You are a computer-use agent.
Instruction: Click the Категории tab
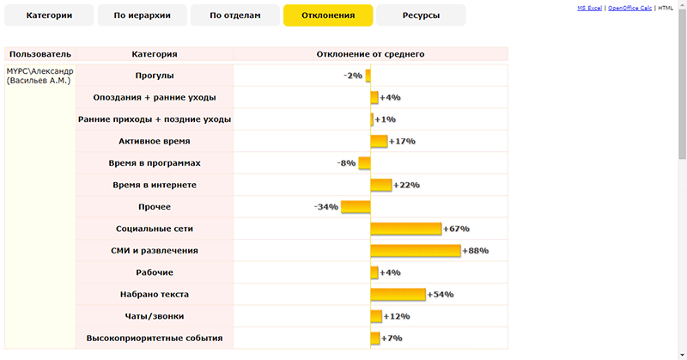coord(48,15)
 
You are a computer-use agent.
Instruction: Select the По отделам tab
coord(234,15)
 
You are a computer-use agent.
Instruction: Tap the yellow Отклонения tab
coord(328,15)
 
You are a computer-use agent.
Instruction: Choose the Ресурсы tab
coord(421,15)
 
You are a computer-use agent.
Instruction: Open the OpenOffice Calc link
coord(629,8)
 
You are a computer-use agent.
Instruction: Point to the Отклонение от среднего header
coord(370,54)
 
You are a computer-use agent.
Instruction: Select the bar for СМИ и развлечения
coord(416,251)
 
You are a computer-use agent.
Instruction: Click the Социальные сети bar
coord(406,229)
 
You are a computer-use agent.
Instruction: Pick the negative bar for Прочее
coord(356,206)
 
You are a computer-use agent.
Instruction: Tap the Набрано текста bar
coord(398,295)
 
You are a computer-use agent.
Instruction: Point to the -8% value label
coord(347,163)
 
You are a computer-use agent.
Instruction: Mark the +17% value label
coord(402,141)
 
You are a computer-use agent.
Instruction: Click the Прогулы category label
coord(155,76)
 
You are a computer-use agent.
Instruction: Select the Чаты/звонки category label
coord(155,316)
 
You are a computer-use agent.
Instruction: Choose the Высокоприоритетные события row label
coord(155,339)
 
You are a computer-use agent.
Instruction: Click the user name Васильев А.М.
coord(39,81)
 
